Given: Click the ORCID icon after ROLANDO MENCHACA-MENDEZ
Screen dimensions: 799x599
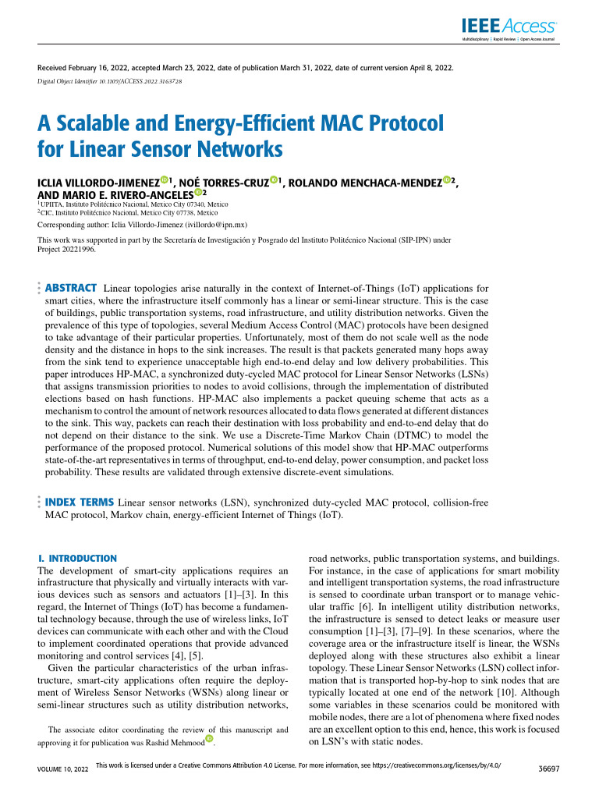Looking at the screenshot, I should coord(447,180).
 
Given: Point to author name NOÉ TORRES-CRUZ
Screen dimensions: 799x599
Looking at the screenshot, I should coord(223,183).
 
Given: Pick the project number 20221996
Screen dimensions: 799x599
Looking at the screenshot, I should coord(80,250).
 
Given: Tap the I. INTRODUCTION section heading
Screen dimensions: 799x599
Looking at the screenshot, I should coord(77,559).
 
